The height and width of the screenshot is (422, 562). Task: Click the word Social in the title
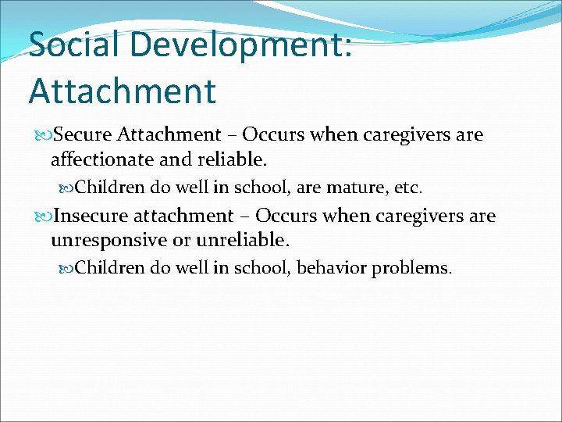[x=74, y=45]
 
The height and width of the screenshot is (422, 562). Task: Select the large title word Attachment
[x=122, y=91]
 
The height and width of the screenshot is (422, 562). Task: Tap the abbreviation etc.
[x=408, y=188]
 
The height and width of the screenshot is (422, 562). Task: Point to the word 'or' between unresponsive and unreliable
[x=186, y=241]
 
